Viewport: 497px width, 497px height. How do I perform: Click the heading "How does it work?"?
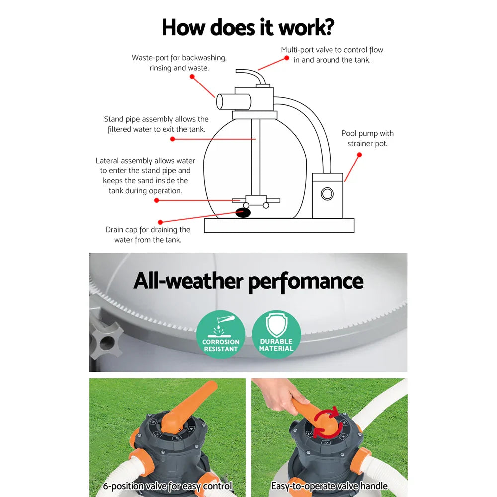[248, 27]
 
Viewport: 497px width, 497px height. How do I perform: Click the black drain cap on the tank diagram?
[243, 213]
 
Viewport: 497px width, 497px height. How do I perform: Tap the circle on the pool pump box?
[327, 193]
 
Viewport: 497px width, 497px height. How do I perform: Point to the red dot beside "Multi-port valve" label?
[287, 58]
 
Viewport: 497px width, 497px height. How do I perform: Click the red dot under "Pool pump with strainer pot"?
[359, 155]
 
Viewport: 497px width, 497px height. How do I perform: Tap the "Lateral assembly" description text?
[145, 175]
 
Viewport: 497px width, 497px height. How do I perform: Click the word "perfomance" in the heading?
[306, 281]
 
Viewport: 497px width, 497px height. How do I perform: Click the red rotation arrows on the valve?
[326, 421]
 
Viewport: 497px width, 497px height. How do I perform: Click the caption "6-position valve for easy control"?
[167, 486]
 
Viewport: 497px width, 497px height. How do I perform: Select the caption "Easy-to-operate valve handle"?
[329, 486]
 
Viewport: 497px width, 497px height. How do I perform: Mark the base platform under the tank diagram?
[279, 226]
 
